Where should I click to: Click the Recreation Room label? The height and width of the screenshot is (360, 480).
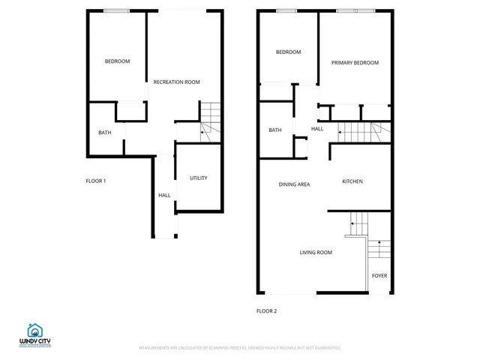[176, 82]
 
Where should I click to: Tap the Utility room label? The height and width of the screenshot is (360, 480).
[198, 178]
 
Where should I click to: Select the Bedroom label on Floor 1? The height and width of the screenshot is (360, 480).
[117, 61]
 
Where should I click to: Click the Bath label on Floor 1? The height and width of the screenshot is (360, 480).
[105, 133]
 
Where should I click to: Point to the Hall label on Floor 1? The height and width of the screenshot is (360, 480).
[164, 196]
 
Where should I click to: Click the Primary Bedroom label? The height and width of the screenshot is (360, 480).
[355, 63]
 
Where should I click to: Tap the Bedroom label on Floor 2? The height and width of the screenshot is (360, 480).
[288, 52]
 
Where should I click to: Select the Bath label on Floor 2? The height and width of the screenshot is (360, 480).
[275, 130]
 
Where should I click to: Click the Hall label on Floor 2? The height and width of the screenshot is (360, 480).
[317, 129]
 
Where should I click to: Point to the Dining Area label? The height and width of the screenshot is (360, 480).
[294, 184]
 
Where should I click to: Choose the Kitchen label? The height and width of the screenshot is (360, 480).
[352, 182]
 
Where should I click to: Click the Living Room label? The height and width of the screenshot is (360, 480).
[316, 253]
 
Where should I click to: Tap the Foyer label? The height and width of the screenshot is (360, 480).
[379, 276]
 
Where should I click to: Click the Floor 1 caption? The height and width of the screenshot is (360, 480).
[96, 181]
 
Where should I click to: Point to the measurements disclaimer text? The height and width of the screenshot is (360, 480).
[239, 348]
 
